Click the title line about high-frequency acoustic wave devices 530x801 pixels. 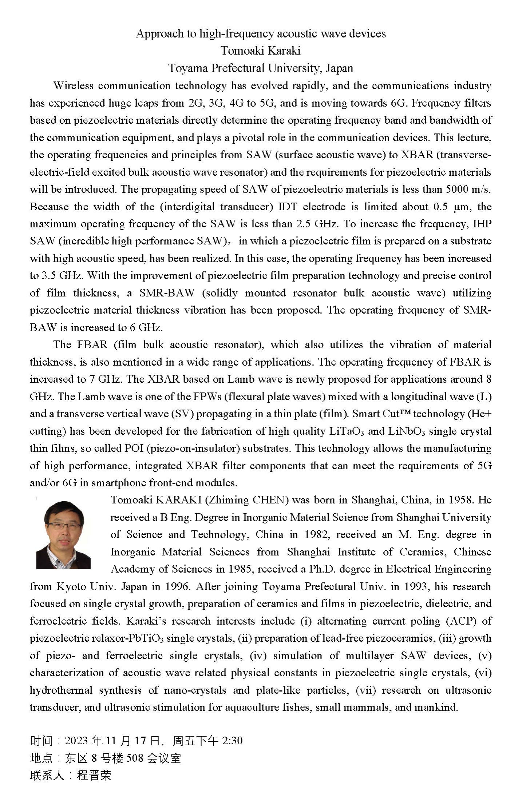coord(261,34)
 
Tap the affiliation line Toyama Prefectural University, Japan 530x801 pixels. coord(261,68)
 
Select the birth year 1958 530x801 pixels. coord(459,500)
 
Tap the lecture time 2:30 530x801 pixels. coord(232,741)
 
